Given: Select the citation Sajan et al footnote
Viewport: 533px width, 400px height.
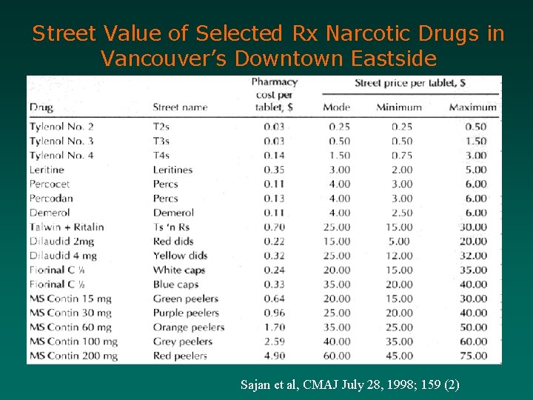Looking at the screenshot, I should coord(350,384).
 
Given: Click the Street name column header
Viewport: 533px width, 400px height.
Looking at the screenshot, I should coord(180,107).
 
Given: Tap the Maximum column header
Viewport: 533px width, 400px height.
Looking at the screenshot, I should coord(472,107).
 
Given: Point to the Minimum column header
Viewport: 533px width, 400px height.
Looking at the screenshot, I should coord(398,107).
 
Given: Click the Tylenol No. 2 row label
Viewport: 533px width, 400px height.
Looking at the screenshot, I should coord(61,127).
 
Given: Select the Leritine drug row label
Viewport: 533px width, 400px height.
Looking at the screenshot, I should coord(47,170).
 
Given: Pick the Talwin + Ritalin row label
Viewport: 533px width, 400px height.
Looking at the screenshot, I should coord(67,227).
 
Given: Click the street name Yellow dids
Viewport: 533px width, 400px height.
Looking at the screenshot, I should coord(180,256).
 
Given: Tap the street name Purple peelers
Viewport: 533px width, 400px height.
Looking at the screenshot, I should coord(186,313).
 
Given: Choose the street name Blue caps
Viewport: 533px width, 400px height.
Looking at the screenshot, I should coord(175,284).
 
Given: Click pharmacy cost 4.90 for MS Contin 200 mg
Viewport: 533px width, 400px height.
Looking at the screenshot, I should coord(274,356).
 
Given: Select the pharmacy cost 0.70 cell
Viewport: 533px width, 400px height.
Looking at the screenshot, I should coord(274,227).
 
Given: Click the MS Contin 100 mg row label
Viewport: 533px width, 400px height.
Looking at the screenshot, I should coord(72,341).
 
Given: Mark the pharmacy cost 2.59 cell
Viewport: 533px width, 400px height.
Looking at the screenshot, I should coord(274,341).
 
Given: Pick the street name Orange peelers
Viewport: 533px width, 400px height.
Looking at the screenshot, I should coord(189,327).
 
